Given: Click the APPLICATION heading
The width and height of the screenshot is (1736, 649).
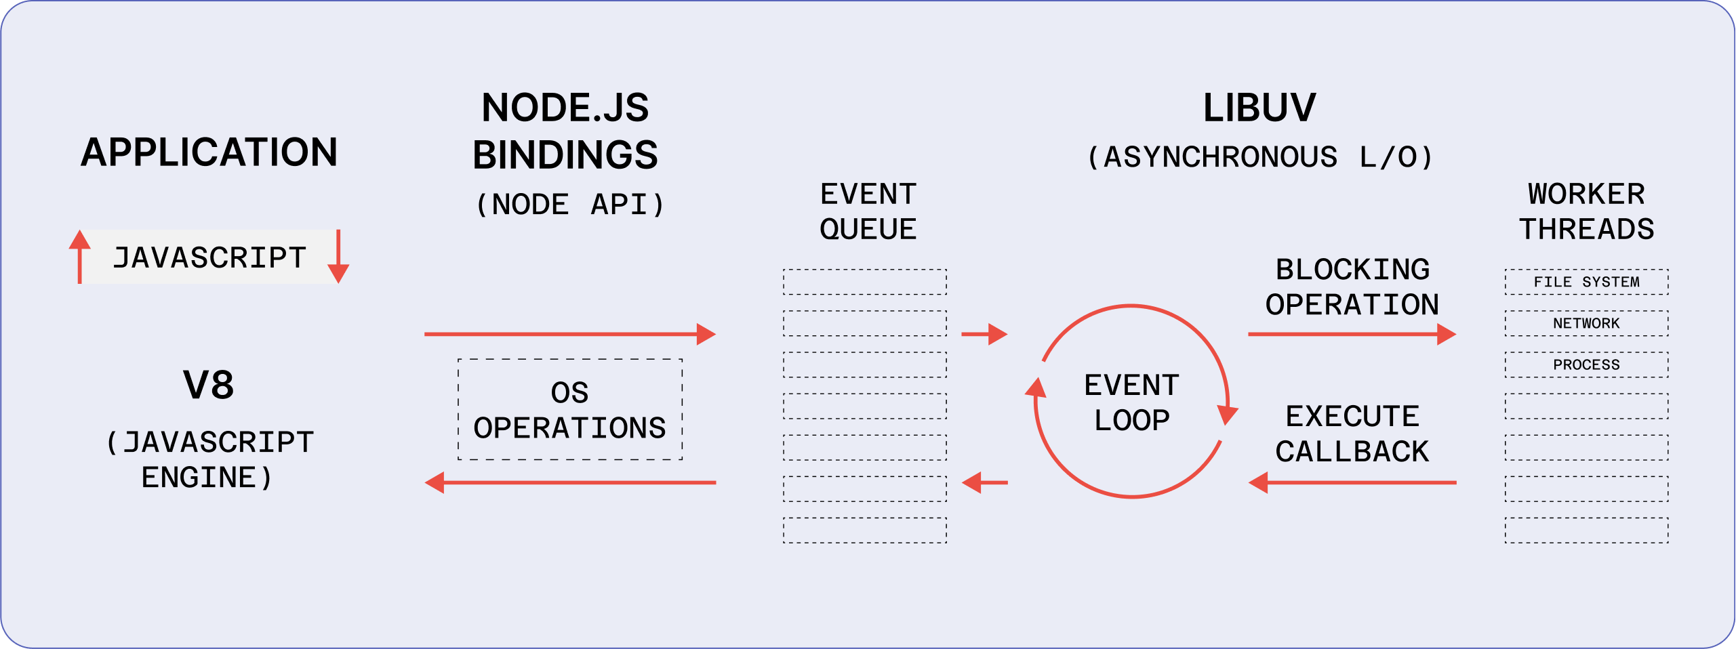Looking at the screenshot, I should click(209, 152).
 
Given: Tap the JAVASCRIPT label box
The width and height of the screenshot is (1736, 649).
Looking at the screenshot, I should click(209, 257).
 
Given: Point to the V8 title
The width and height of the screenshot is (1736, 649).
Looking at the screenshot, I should click(209, 385).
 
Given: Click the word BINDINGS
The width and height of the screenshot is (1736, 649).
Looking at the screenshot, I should click(565, 155).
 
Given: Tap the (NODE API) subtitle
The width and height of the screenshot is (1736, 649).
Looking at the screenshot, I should click(570, 205).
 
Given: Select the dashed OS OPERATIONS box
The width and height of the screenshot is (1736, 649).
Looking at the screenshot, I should click(570, 410).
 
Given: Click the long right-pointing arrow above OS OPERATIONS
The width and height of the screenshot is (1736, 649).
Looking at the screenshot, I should click(569, 334).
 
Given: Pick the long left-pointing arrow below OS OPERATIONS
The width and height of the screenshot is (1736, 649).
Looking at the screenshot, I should click(569, 483).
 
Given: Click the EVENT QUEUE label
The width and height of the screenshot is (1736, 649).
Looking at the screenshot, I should click(868, 211).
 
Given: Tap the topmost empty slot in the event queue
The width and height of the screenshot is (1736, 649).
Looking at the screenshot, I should click(865, 282).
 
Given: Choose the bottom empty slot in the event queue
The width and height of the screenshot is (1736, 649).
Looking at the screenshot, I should click(865, 530).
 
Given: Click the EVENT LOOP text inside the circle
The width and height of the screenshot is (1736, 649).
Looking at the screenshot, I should click(1131, 402).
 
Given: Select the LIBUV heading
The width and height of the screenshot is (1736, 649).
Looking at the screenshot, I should click(1259, 108).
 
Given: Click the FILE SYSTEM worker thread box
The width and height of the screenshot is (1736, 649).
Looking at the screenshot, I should click(1586, 282).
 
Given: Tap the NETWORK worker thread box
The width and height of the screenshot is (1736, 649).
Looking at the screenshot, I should click(1586, 323).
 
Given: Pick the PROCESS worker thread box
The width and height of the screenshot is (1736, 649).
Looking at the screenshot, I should click(1586, 364).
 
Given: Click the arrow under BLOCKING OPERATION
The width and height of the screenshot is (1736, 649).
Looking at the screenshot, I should click(1352, 334).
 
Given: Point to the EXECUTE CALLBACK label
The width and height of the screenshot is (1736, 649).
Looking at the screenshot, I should click(1352, 434).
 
